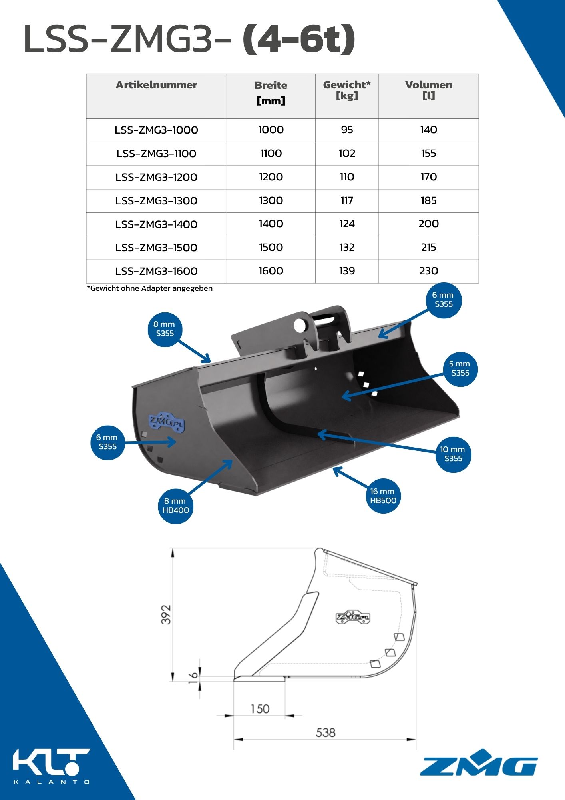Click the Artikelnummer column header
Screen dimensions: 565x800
tap(157, 85)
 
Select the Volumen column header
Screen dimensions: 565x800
tap(429, 90)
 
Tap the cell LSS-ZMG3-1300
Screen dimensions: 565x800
tap(156, 201)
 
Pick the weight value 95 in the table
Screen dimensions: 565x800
tap(347, 130)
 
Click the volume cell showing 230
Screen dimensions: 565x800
tap(429, 271)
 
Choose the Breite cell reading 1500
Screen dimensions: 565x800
tap(271, 247)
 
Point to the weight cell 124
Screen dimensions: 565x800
tap(347, 224)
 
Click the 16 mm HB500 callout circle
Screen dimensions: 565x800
tap(383, 496)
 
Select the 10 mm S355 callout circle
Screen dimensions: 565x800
tap(453, 454)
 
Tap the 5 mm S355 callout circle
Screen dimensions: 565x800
tap(460, 369)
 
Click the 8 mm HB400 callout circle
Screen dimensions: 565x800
tap(176, 506)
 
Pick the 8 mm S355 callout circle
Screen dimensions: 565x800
tap(165, 329)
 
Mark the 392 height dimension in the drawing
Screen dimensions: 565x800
tap(166, 614)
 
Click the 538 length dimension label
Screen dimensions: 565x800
tap(326, 732)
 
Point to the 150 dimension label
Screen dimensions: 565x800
tap(260, 709)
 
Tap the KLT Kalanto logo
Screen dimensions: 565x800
tap(52, 766)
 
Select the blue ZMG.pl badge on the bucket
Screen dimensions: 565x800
tap(167, 423)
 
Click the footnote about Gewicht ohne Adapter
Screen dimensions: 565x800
tap(150, 288)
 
